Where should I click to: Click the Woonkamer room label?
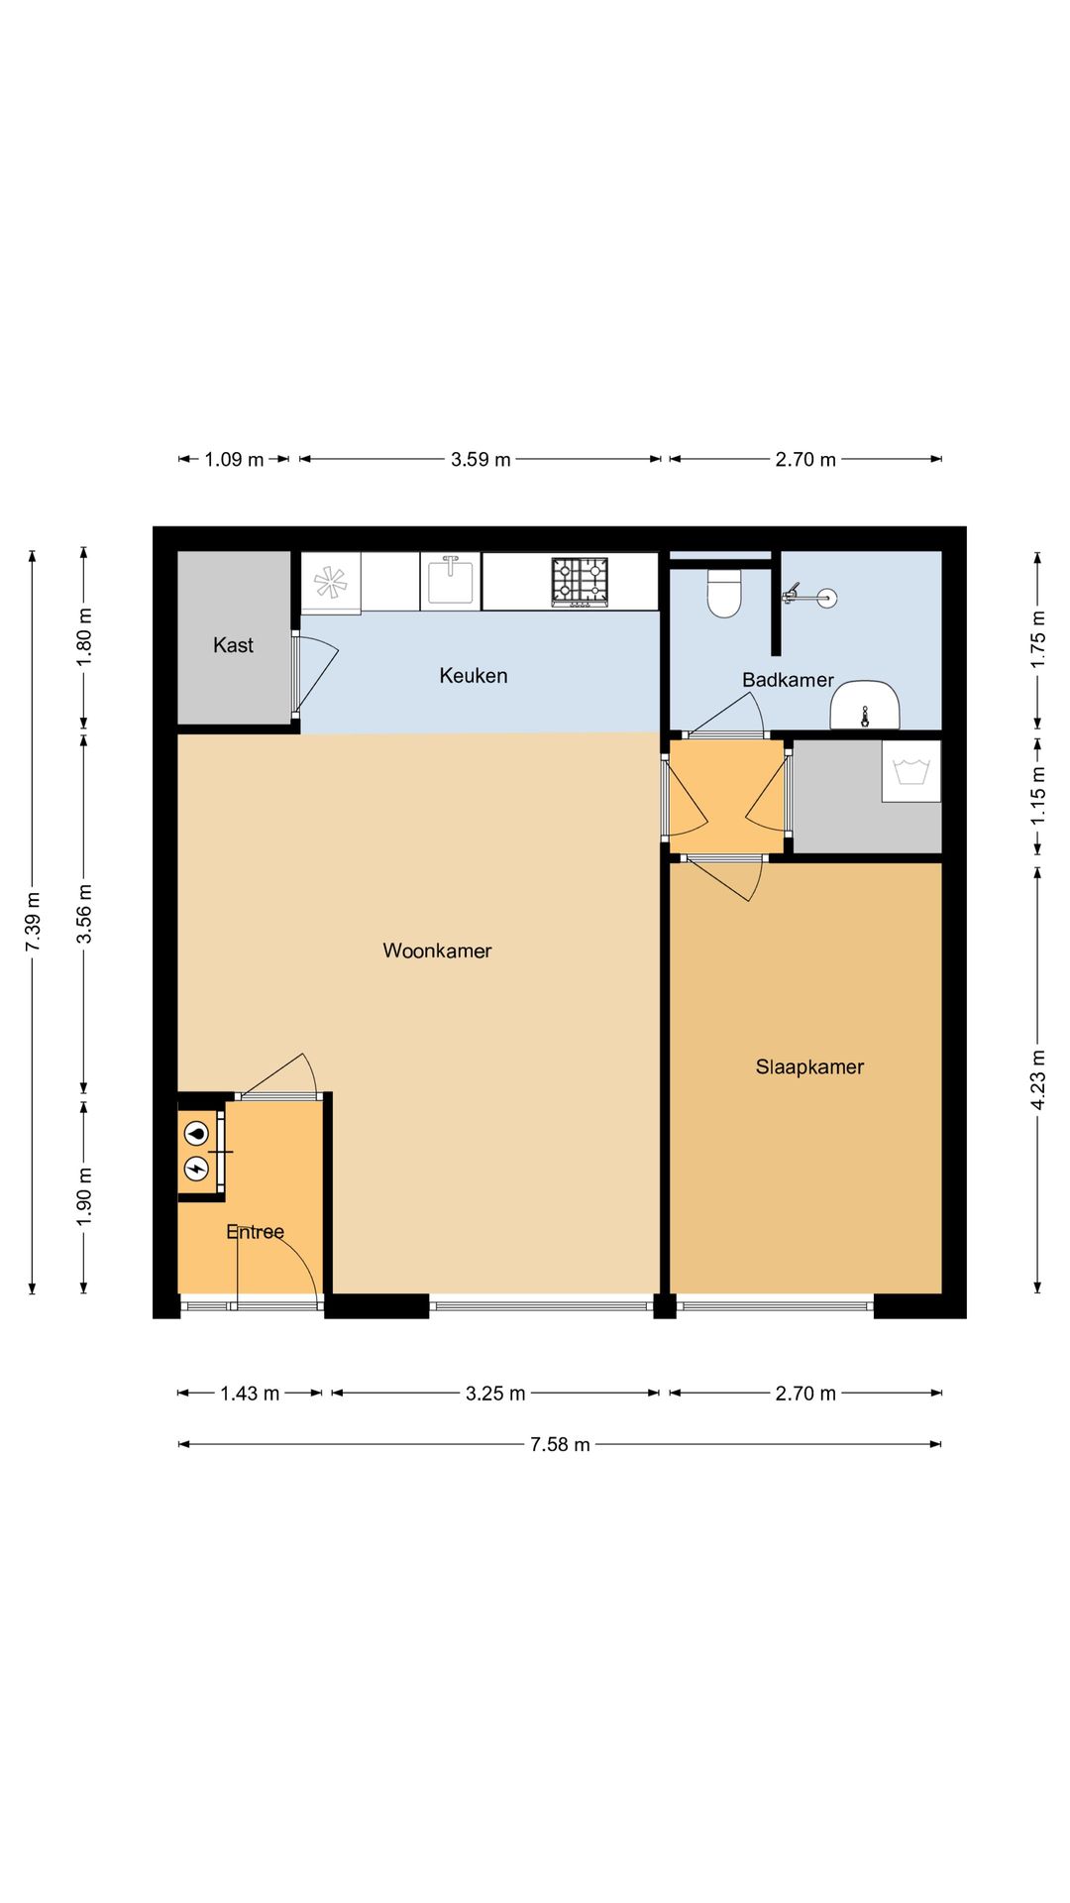point(437,951)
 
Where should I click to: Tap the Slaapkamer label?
point(809,1067)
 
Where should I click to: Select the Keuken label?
point(474,676)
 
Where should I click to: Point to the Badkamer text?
point(788,680)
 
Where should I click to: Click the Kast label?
point(233,645)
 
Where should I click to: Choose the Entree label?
point(255,1232)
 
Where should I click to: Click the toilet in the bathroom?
point(724,593)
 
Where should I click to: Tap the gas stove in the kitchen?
point(580,582)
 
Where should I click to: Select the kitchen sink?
point(451,581)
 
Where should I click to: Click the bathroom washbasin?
point(865,705)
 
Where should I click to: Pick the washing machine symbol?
point(911,771)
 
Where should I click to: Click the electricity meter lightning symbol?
point(197,1169)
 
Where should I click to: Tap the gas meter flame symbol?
point(197,1132)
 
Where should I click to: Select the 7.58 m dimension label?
point(560,1444)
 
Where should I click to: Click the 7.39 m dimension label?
point(33,922)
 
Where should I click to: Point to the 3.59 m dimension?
point(481,459)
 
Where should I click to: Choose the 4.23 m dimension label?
point(1037,1079)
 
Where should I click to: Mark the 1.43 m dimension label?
point(250,1394)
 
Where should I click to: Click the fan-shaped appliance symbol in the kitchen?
point(330,583)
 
